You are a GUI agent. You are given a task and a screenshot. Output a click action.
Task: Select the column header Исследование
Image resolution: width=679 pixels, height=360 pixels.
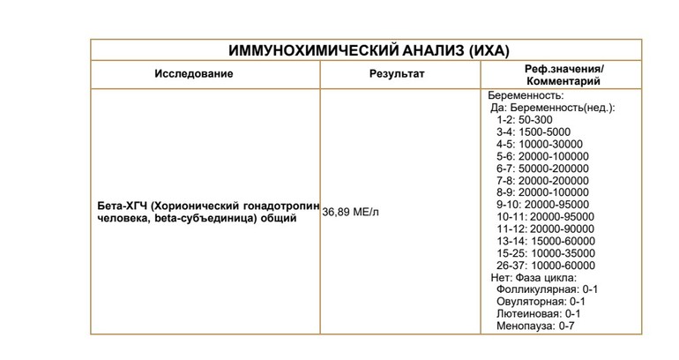click(194, 73)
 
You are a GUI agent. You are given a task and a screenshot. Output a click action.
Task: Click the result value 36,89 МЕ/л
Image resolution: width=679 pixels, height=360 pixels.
click(354, 212)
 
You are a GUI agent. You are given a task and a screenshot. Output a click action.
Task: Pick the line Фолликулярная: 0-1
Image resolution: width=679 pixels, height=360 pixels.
click(548, 289)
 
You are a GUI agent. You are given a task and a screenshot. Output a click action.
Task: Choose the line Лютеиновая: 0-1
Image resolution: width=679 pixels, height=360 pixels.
click(539, 314)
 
